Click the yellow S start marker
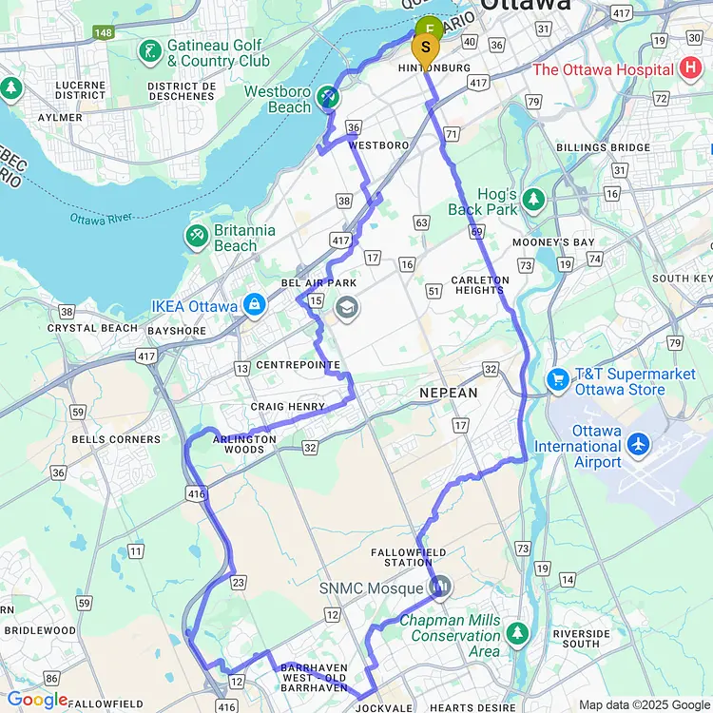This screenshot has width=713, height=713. tap(425, 47)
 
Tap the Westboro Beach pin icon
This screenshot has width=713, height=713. tap(328, 96)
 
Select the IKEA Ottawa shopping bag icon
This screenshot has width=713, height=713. tap(254, 306)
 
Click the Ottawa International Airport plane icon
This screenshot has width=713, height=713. tap(638, 444)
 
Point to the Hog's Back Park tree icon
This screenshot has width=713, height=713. tap(533, 200)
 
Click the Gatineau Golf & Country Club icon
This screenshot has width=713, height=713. tap(149, 51)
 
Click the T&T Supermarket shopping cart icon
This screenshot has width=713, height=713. tap(558, 380)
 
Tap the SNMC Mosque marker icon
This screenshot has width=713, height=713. tap(439, 588)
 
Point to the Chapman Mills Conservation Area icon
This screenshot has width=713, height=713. tap(517, 632)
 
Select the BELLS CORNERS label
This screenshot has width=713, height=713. tap(116, 439)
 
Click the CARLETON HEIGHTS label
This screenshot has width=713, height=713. tap(480, 285)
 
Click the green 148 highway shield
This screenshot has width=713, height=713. tap(104, 33)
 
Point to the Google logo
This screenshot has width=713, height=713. tap(37, 701)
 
